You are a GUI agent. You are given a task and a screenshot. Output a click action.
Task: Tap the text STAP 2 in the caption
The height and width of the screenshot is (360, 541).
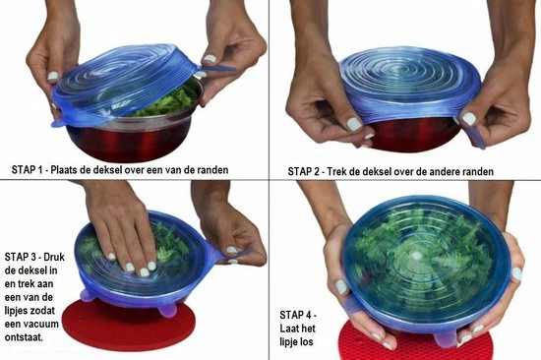pos(307,170)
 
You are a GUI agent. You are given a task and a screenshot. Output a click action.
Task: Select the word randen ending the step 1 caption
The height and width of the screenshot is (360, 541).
pos(210,170)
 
